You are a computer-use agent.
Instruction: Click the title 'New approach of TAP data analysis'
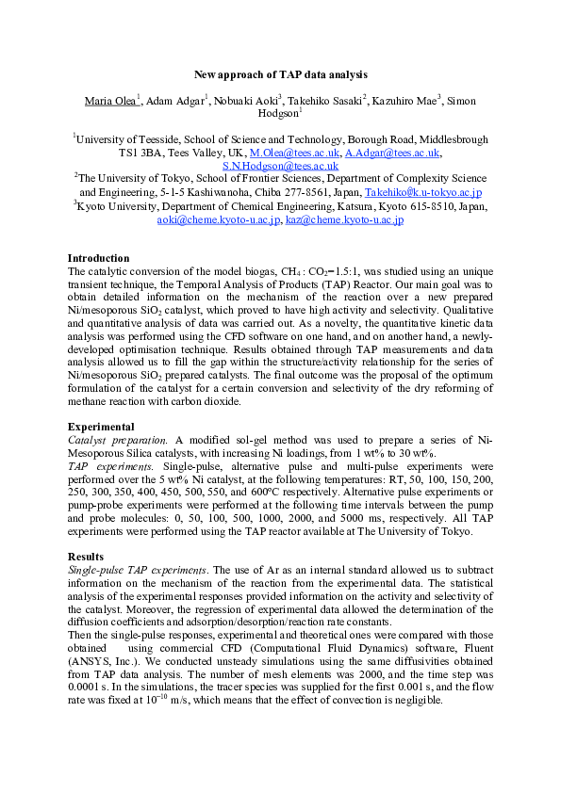280,73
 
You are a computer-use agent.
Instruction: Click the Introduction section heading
99,258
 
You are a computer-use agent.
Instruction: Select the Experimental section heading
101,427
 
